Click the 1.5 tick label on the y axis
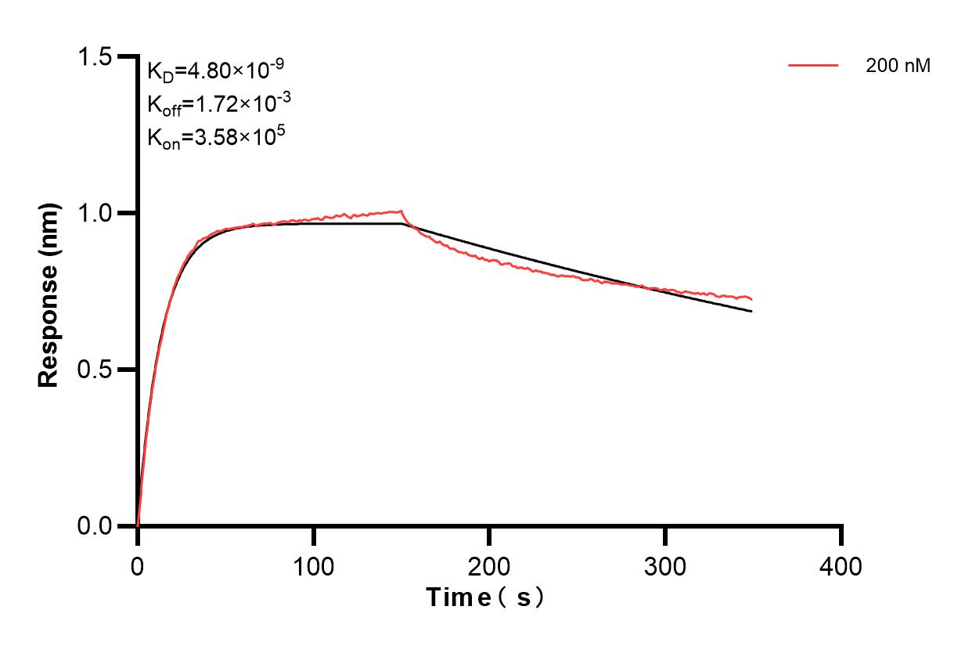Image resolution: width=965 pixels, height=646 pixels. (x=95, y=56)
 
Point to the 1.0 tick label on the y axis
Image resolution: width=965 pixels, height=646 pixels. (x=95, y=213)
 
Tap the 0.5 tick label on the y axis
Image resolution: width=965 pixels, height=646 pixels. (x=95, y=370)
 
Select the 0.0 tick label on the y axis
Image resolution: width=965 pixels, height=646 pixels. (x=95, y=525)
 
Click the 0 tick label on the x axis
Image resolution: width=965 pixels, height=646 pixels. (x=138, y=565)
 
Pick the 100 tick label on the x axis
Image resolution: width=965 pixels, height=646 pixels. (x=313, y=565)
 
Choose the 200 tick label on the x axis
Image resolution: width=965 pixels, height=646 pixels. (x=489, y=565)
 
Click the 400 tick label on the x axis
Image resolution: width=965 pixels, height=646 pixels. (x=841, y=565)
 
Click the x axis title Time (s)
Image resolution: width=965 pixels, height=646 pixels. (x=485, y=597)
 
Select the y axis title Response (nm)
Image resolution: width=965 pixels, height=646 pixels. (x=49, y=291)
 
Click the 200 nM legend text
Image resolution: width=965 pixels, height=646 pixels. (x=898, y=67)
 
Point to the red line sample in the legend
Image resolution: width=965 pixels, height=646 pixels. (x=813, y=67)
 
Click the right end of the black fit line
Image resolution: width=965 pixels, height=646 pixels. (x=751, y=311)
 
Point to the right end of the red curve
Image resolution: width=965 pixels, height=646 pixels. (x=751, y=299)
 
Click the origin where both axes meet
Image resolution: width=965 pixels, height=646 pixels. (x=138, y=525)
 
